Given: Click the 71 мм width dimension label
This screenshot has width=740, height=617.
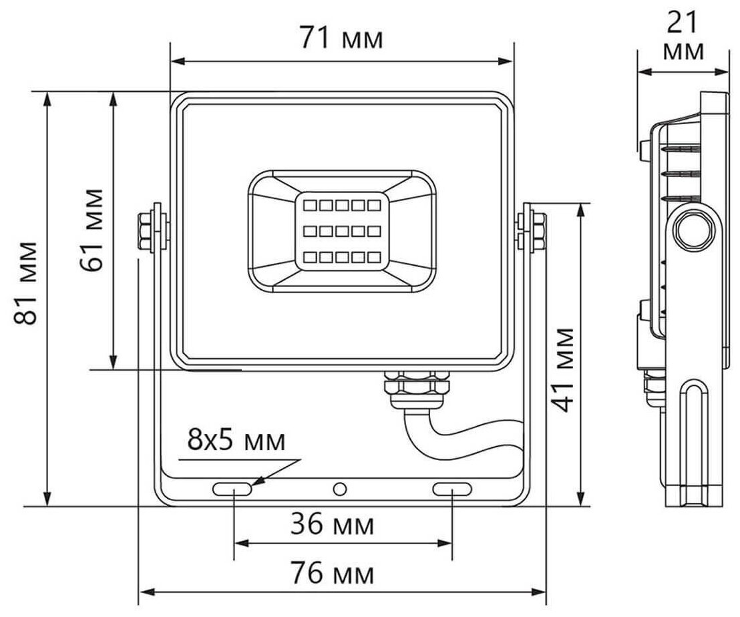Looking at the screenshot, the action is pos(341,38).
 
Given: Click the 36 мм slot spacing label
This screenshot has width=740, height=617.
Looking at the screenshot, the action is pos(332,525).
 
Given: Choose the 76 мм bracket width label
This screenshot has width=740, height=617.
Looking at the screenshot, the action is pos(332,573).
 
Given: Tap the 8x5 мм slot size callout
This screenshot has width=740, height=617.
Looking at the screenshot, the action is pos(236,440).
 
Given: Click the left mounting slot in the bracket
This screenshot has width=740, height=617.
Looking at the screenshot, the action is pos(232,489).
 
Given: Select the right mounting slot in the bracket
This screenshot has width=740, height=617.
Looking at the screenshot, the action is pos(453,489).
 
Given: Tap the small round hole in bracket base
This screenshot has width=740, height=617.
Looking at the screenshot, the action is pos(340,489).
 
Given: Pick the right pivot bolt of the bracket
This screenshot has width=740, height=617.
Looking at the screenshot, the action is pos(532,228).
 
